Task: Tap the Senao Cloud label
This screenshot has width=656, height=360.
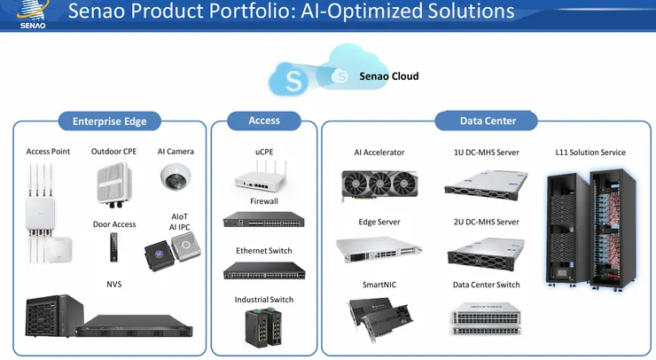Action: click(x=388, y=76)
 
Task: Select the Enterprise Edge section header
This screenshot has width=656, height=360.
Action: click(x=109, y=121)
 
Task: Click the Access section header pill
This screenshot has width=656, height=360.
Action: click(x=264, y=121)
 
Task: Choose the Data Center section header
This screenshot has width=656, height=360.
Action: click(x=488, y=121)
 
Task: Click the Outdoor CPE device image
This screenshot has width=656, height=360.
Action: click(x=113, y=184)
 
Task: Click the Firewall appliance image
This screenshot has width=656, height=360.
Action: click(x=263, y=220)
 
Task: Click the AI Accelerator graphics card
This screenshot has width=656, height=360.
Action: click(x=379, y=185)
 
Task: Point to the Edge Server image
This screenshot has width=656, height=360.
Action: click(x=379, y=251)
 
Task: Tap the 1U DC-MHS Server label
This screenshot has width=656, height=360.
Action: click(x=486, y=153)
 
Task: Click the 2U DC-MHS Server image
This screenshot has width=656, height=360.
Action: click(x=486, y=252)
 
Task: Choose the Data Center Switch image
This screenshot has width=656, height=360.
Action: click(x=486, y=317)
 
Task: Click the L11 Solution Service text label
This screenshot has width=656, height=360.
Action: click(x=590, y=153)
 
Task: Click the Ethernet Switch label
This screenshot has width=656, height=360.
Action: click(x=263, y=251)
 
